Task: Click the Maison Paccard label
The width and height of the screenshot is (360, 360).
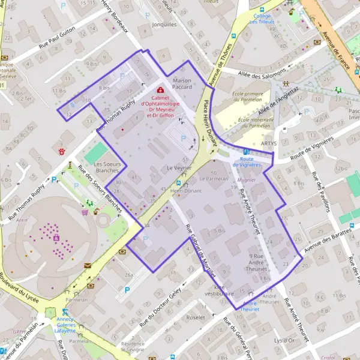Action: click(182, 83)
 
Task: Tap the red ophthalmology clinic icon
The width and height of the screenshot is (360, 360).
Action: click(160, 90)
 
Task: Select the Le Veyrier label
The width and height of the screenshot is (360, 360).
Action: click(179, 169)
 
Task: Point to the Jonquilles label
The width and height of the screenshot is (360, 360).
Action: click(165, 25)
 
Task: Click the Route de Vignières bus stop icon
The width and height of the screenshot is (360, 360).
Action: click(247, 152)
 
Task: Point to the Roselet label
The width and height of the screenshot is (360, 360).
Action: click(196, 317)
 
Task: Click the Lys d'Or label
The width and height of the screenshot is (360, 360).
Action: click(284, 340)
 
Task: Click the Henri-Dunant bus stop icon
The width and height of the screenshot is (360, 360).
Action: click(178, 183)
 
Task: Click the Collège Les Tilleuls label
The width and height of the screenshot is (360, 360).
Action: click(262, 19)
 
